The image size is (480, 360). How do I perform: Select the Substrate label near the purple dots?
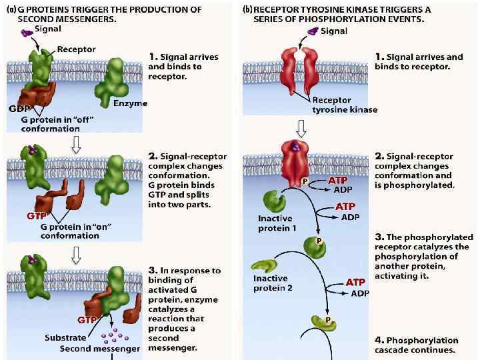(x=65, y=337)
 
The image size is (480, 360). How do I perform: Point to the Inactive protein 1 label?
(x=277, y=223)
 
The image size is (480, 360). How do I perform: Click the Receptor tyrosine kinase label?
(x=345, y=105)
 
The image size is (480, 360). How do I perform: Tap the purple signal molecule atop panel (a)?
(x=27, y=33)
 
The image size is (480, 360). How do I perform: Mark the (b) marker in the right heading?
(x=247, y=10)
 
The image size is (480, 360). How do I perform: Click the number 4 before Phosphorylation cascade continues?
(x=378, y=340)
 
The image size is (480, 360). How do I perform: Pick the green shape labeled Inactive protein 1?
(x=273, y=201)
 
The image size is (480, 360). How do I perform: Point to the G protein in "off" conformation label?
(x=51, y=123)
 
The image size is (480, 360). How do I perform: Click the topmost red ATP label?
(x=337, y=181)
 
